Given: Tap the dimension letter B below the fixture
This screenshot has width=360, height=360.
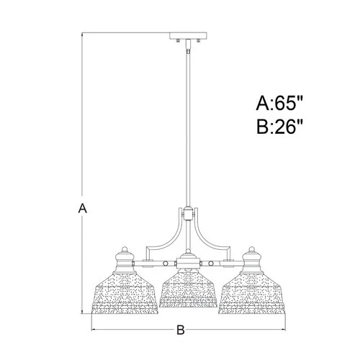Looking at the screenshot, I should tap(181, 330).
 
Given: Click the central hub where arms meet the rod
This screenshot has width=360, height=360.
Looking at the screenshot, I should tap(189, 214).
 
